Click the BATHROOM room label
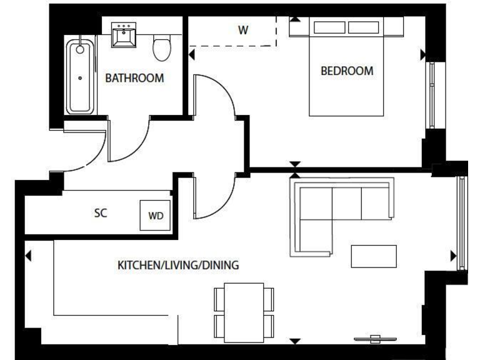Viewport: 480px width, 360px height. coord(134,78)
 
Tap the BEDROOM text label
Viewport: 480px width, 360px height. coord(346,71)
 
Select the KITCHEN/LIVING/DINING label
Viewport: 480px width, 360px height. coord(178,265)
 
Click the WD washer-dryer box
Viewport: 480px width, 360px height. coord(156,216)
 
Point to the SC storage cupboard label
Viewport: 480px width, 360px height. coord(101,213)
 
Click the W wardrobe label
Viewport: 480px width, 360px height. coord(243,31)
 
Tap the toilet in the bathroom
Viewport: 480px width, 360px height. coord(162,47)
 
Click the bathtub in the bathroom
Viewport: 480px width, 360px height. coord(80,77)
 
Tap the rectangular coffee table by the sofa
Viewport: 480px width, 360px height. coord(374,256)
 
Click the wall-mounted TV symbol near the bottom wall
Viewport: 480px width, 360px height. coord(375,339)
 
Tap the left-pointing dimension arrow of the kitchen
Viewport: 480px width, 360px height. coord(28,256)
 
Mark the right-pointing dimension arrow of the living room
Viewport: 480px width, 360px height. coord(453,256)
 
